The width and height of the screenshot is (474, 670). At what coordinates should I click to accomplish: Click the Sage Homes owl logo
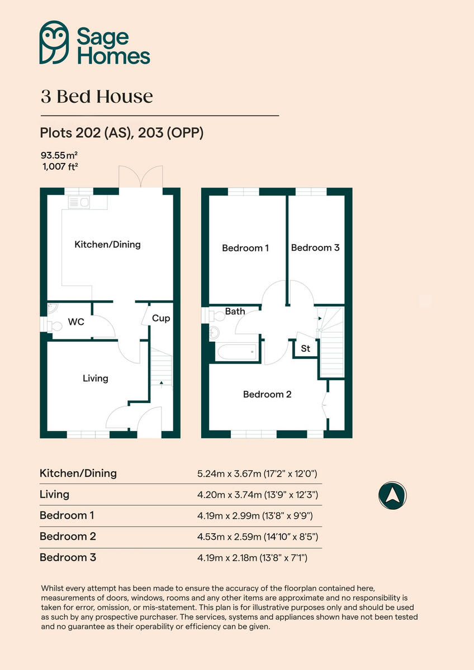point(54,42)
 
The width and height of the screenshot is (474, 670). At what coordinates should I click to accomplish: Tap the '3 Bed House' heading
point(97,97)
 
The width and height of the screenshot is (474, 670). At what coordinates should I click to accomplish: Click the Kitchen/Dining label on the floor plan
point(108,244)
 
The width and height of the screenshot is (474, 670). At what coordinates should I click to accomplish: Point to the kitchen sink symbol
point(79,203)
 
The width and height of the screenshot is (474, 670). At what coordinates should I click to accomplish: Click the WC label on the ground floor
point(76,322)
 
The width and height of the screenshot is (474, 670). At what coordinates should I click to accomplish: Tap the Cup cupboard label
point(161,318)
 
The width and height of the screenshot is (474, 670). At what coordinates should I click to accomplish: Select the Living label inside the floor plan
point(95,378)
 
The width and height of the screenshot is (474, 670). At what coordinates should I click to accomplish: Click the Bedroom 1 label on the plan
point(245,248)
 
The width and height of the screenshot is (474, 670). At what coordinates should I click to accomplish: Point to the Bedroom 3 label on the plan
point(315,247)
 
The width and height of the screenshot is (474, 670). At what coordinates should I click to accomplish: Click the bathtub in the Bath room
point(237,352)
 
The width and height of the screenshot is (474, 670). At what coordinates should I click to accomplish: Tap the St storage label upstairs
point(306,348)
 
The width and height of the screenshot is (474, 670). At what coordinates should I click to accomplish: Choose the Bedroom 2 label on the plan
point(267,394)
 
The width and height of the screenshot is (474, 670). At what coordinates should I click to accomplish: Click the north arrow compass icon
point(392,495)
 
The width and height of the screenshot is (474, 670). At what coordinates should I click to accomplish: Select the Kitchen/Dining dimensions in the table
point(257,474)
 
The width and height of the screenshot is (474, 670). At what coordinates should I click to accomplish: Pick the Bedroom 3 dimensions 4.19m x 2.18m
point(253,558)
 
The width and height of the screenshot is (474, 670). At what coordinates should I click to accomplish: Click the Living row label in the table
point(55,494)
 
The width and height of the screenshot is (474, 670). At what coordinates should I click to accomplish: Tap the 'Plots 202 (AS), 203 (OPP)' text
point(121,133)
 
